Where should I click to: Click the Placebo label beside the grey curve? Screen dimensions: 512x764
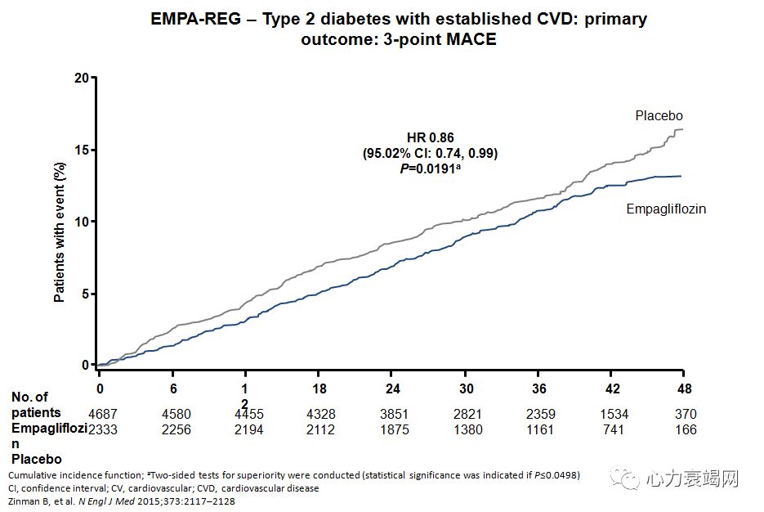[659, 116]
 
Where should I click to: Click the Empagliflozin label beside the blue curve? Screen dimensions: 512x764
[666, 209]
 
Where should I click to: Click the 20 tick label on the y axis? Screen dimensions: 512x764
[80, 78]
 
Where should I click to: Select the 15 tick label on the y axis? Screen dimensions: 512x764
[80, 150]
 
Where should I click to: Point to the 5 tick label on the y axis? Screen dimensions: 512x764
[83, 294]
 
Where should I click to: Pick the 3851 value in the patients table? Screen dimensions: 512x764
[395, 413]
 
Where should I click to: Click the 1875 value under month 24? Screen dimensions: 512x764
[395, 429]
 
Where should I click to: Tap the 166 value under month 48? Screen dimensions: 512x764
[686, 429]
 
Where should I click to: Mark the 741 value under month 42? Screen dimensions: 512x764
[613, 429]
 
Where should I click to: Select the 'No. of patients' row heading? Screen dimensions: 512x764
[36, 405]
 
